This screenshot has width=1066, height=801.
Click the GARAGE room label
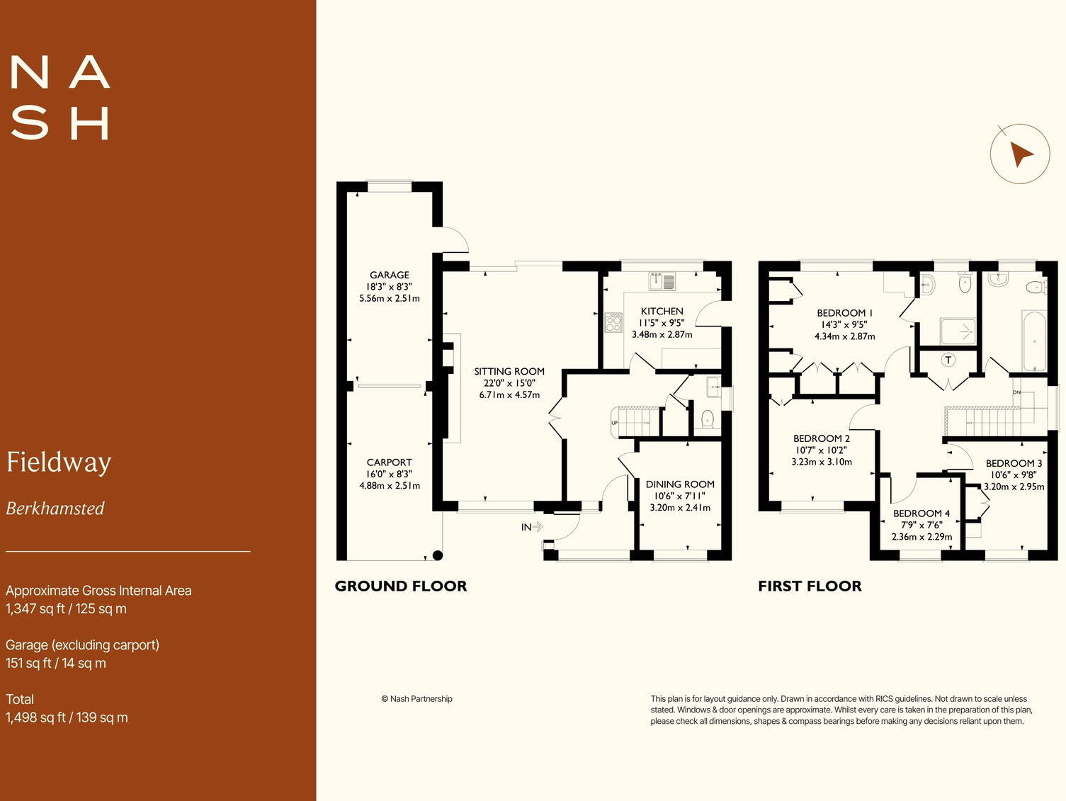389,275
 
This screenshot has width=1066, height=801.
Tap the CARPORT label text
389,462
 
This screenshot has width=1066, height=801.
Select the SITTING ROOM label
509,371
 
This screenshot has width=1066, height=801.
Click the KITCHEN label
662,311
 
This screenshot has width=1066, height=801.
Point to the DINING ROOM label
680,484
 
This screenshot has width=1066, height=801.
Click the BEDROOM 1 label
844,313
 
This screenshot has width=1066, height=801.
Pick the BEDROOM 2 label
822,438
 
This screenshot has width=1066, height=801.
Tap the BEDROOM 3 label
1014,463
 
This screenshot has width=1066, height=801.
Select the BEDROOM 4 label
921,513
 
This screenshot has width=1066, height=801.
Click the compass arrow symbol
1020,154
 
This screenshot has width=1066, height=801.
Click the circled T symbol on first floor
948,360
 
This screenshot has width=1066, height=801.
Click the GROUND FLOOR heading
400,586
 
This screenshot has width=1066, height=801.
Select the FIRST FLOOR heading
810,586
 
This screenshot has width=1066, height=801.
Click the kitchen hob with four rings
613,323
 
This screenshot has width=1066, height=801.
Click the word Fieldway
59,462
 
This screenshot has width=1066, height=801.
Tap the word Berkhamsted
55,509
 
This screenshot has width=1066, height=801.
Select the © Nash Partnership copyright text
416,699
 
